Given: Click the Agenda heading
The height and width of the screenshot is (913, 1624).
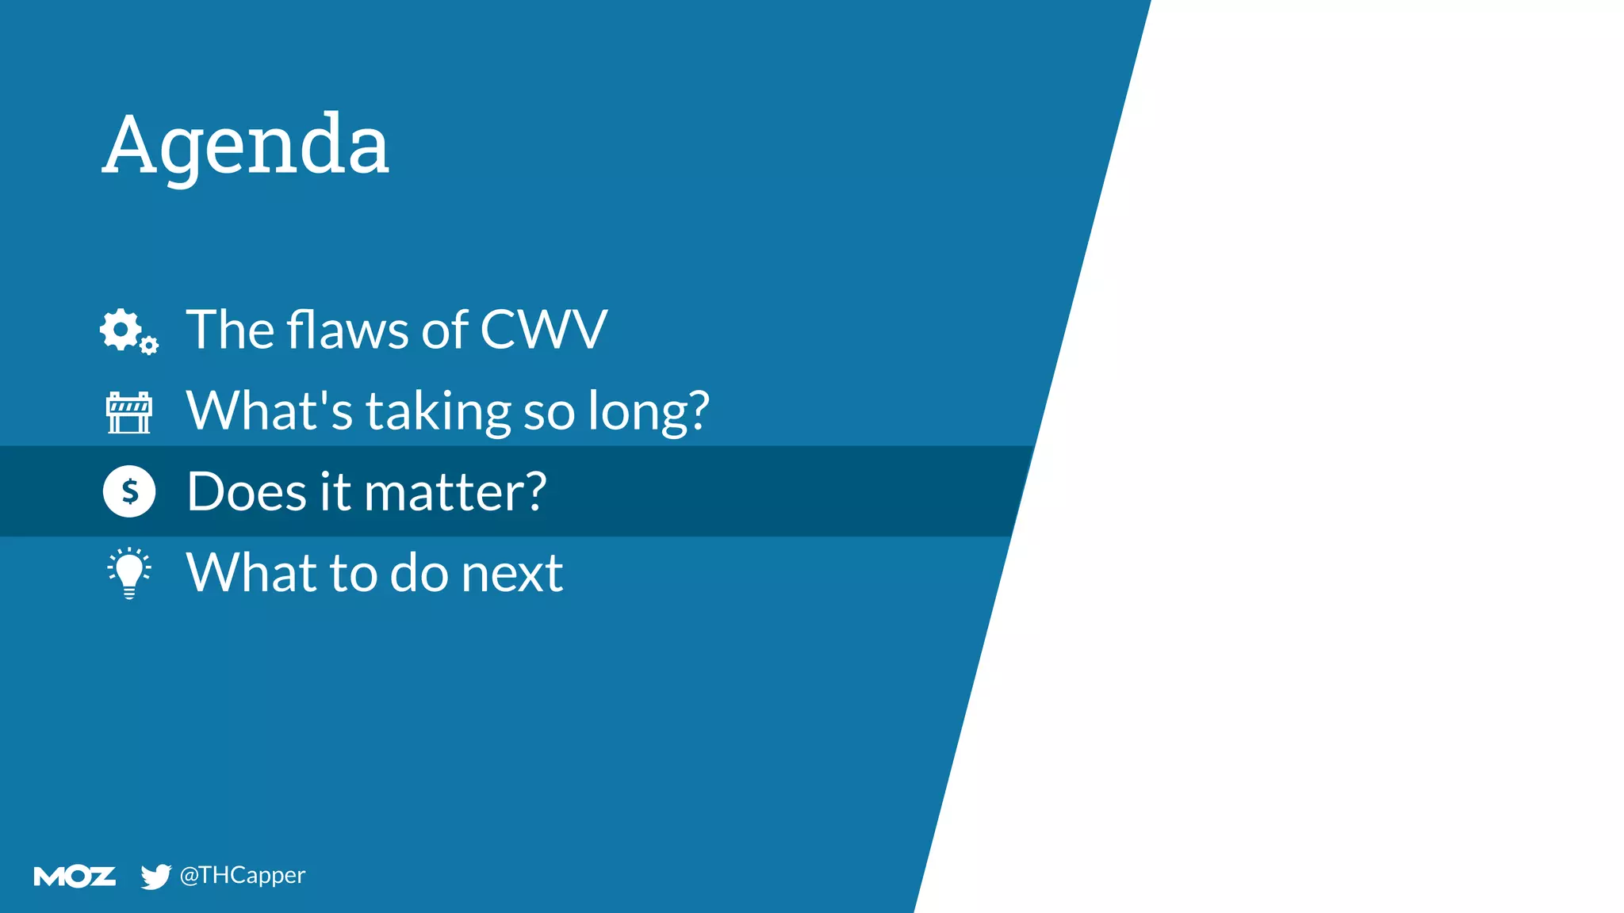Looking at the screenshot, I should (x=246, y=145).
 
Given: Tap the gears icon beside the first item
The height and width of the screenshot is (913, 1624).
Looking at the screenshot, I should (x=128, y=331).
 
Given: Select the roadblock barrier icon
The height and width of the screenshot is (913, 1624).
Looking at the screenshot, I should (x=128, y=412).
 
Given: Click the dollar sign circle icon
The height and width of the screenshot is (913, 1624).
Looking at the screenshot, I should (x=129, y=491).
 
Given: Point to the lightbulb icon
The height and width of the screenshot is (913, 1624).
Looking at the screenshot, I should (x=129, y=572).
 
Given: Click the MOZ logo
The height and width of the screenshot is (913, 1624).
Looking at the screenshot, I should (x=75, y=876).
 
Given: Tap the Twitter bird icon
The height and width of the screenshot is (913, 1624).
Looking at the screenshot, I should (x=155, y=876).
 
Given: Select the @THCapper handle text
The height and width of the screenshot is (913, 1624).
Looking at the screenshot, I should (x=242, y=875).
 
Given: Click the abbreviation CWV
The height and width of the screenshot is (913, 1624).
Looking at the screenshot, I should (x=543, y=330).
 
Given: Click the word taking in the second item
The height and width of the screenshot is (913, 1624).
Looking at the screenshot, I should (x=438, y=412).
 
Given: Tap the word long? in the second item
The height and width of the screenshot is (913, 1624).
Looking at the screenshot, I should (x=648, y=412).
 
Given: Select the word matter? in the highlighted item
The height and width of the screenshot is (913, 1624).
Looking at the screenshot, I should (x=454, y=492).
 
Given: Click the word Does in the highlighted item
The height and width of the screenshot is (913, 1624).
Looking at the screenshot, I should (x=246, y=492).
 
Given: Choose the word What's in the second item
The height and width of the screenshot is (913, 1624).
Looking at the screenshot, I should (x=269, y=411).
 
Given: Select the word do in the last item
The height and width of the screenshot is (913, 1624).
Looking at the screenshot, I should (x=419, y=572).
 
